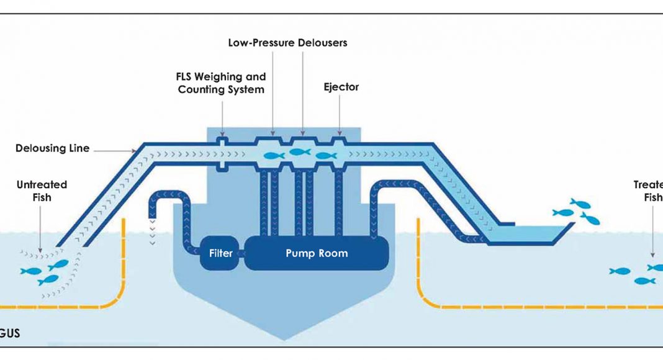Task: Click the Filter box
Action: tap(220, 253)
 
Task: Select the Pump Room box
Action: tap(317, 253)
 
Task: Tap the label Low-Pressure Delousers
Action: tap(287, 43)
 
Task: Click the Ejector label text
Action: tap(341, 87)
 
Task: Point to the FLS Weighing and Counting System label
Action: tap(221, 83)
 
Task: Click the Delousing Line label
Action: tap(53, 148)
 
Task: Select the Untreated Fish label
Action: tap(42, 191)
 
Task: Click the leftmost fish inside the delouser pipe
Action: tap(274, 156)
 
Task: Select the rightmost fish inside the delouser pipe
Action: tap(326, 156)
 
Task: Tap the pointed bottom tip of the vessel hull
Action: tap(284, 339)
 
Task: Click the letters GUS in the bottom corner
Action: tap(10, 333)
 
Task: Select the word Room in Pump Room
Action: tap(335, 253)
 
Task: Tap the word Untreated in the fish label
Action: tap(42, 184)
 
